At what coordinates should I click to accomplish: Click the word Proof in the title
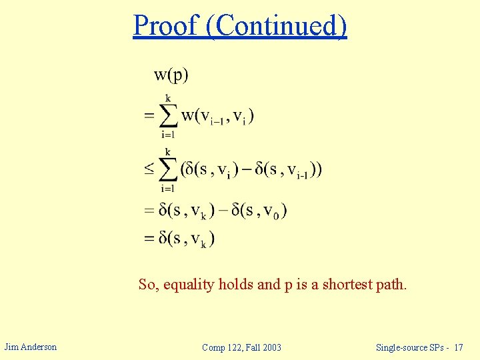coord(166,25)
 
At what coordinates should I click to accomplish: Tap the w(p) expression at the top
coord(171,74)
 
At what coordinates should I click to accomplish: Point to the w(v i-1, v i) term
coord(218,115)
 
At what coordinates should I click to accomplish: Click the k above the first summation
coord(168,98)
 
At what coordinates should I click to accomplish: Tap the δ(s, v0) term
coord(257,211)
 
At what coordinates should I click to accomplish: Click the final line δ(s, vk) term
coord(187,238)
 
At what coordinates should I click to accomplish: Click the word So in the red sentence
coord(147,285)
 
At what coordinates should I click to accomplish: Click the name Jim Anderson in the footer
coord(31,347)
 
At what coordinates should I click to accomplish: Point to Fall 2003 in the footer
coord(263,347)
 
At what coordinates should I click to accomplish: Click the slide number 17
coord(459,347)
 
